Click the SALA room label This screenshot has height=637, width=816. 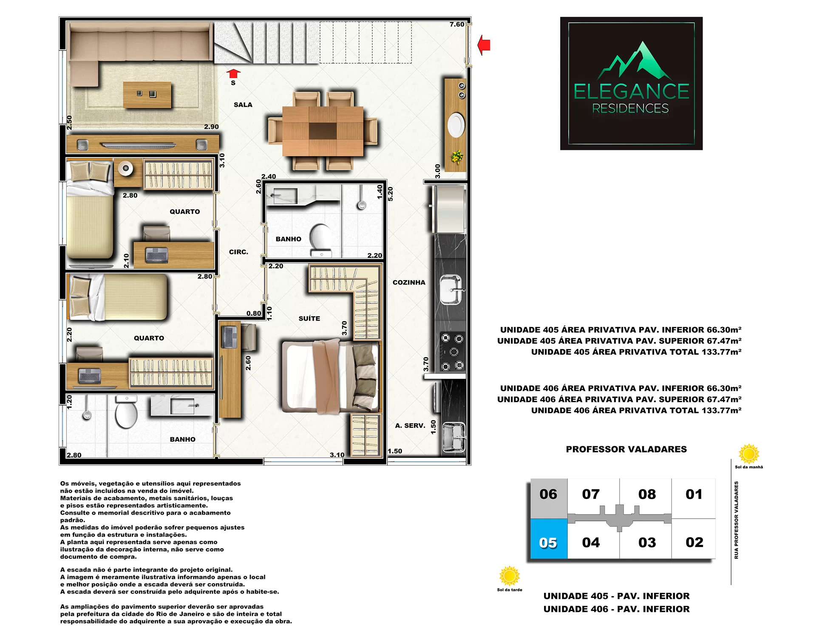(243, 105)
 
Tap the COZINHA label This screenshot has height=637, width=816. (409, 282)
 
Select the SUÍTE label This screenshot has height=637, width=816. (309, 318)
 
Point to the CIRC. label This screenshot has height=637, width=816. (238, 252)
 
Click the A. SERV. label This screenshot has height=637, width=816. (410, 426)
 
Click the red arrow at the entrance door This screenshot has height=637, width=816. (484, 45)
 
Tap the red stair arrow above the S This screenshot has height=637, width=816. (233, 74)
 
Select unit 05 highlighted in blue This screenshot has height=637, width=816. (548, 539)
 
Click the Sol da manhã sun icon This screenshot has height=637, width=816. (749, 454)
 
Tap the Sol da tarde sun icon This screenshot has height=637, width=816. (510, 576)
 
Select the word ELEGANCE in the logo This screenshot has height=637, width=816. (631, 91)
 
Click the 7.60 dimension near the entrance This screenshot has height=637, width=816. (457, 25)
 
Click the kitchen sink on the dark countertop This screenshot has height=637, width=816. (451, 290)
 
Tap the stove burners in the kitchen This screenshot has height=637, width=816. (452, 352)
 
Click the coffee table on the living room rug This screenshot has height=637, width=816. (147, 95)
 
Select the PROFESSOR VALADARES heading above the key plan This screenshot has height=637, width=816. (626, 449)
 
